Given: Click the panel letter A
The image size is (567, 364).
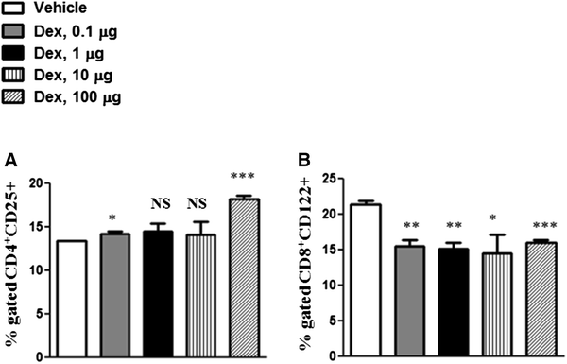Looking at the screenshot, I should pyautogui.click(x=9, y=158).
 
